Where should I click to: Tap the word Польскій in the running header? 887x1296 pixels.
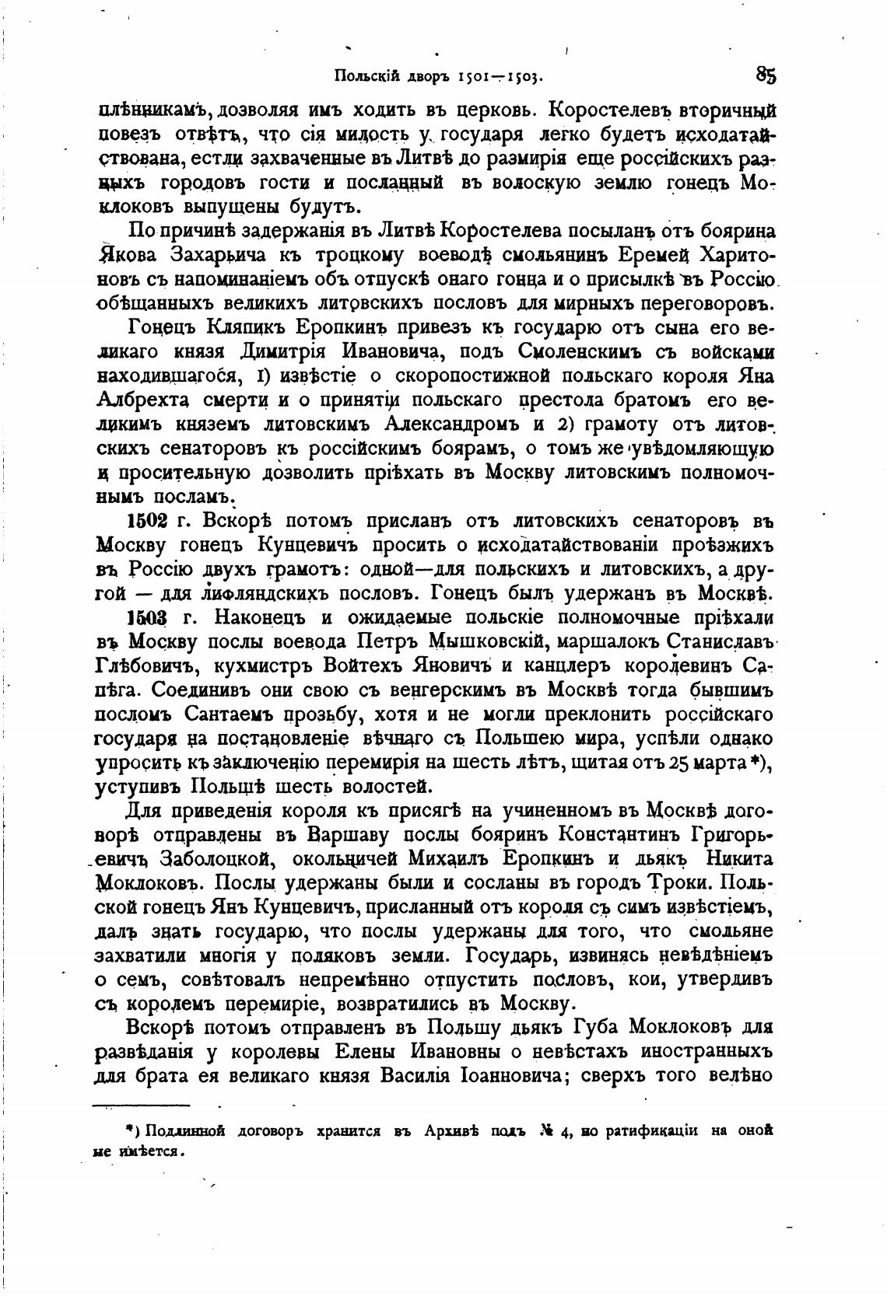pos(366,76)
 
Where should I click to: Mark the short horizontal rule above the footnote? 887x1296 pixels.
pos(141,1104)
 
